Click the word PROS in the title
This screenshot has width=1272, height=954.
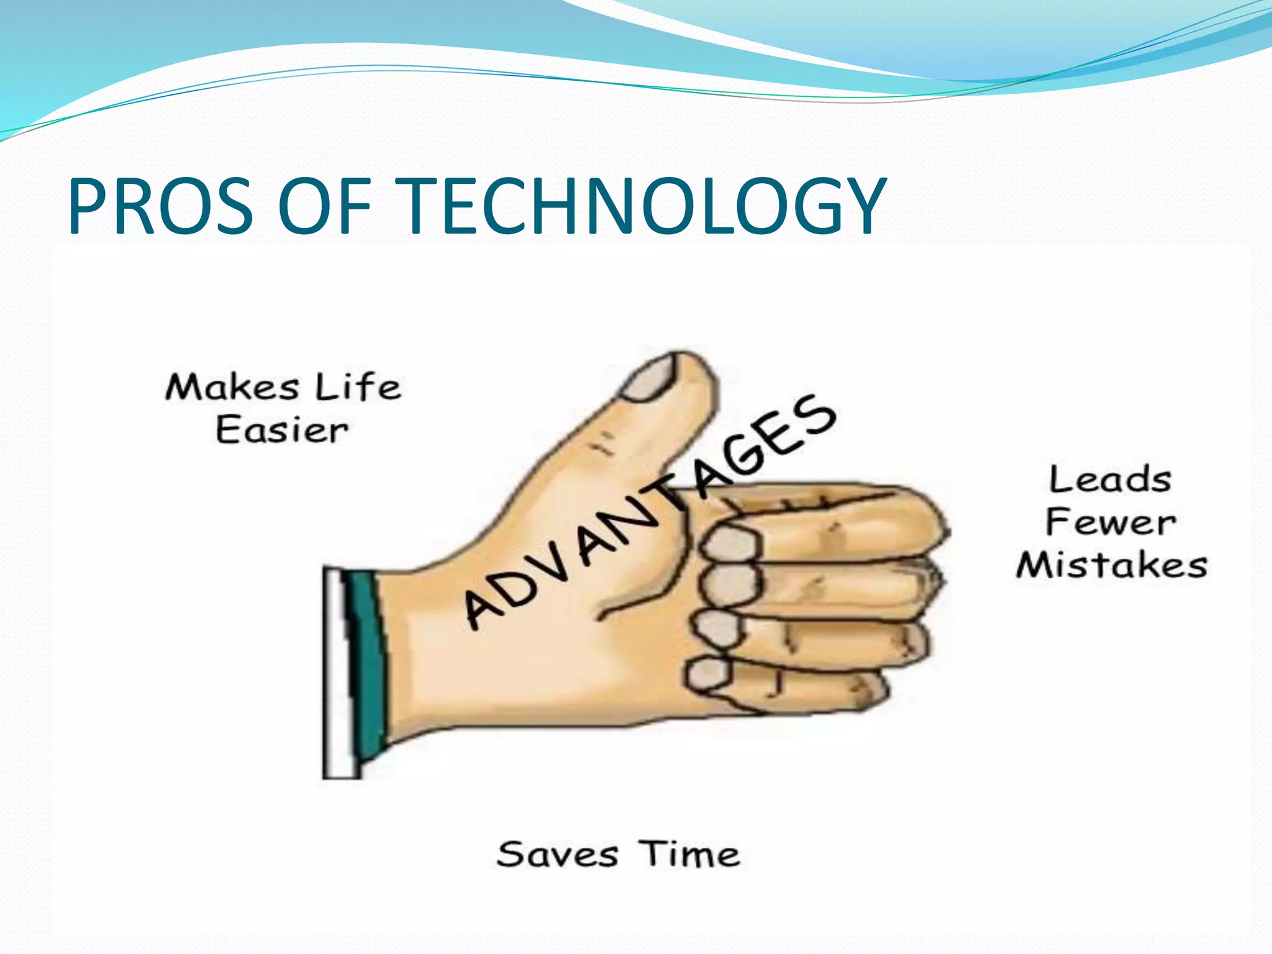(x=160, y=206)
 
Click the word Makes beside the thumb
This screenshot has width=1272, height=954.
(x=232, y=388)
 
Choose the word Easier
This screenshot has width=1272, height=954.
(x=281, y=430)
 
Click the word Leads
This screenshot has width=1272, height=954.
(x=1110, y=480)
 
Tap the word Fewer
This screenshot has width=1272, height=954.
(x=1110, y=522)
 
